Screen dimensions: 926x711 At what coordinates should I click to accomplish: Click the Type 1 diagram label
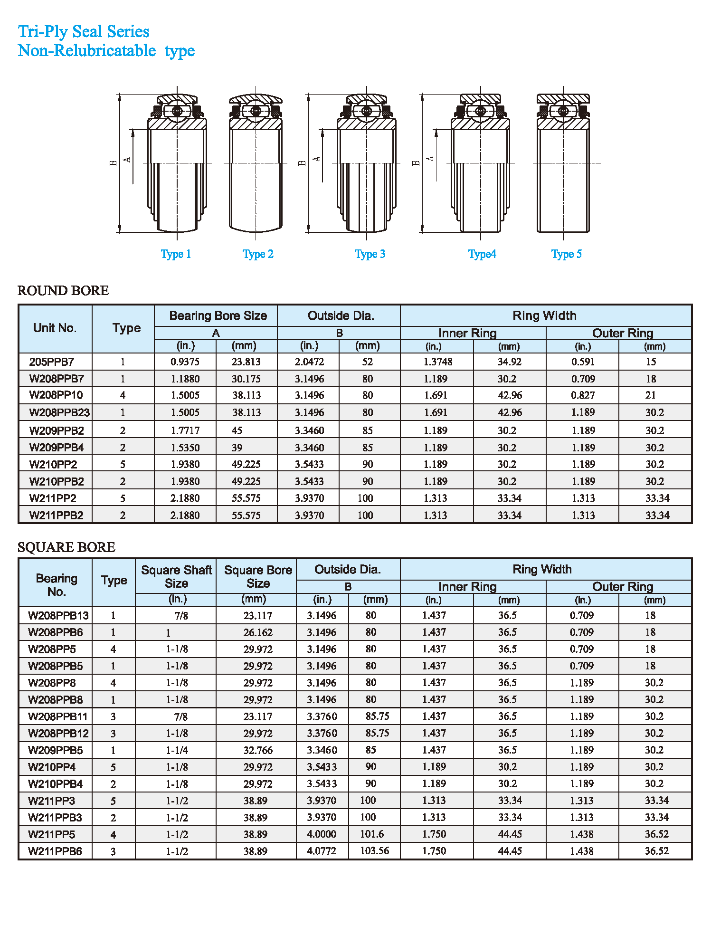coord(176,254)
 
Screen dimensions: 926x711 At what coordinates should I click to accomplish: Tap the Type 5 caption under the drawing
coord(566,254)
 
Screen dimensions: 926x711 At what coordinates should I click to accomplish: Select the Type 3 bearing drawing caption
coord(370,254)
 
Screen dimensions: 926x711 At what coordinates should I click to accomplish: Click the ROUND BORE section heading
coord(63,290)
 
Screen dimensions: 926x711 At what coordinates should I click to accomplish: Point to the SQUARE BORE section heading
coord(66,547)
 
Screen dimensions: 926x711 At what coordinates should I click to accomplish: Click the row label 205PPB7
coord(52,362)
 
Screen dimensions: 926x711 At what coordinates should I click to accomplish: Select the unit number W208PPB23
coord(59,412)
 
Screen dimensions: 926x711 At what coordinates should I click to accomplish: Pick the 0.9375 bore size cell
coord(185,362)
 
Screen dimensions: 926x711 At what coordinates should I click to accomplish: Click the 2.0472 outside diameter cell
coord(309,362)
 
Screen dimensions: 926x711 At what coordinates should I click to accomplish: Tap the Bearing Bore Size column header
coord(218,316)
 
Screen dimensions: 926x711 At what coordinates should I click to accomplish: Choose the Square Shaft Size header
coord(176,576)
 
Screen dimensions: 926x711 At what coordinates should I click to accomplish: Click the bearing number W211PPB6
coord(55,851)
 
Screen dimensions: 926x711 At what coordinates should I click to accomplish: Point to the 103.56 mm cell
coord(374,851)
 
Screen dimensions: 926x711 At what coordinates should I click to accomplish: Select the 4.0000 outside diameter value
coord(322,834)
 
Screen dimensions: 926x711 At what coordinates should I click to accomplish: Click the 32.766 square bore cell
coord(258,750)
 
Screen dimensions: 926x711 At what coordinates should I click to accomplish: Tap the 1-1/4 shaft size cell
coord(177,750)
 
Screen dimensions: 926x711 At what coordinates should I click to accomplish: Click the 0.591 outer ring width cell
coord(583,362)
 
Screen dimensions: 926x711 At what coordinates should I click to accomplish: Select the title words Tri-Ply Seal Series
coord(84,31)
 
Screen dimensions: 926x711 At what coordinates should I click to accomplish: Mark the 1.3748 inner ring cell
coord(438,362)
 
